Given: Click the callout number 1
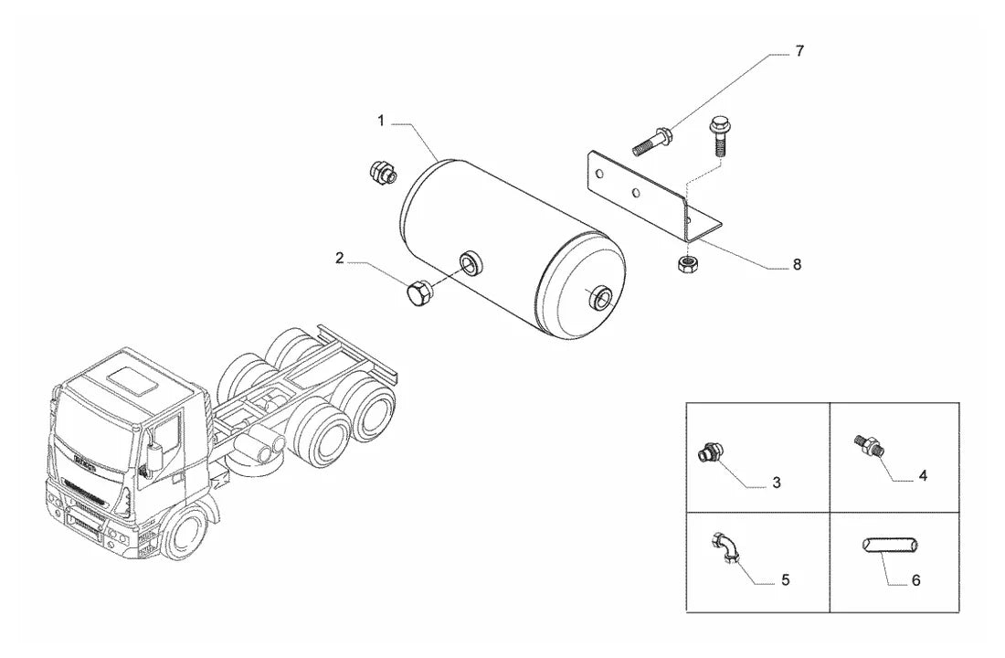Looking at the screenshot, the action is click(381, 121).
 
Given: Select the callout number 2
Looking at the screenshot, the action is click(340, 259).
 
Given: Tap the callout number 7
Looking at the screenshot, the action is click(799, 51).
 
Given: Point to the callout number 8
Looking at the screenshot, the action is click(797, 264).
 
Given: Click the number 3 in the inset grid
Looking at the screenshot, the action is click(777, 483).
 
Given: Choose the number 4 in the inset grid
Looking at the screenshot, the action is click(923, 476).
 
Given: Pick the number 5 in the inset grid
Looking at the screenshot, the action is click(785, 580).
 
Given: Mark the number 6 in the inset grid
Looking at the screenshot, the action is click(915, 580).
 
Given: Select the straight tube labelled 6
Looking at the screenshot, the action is click(889, 545).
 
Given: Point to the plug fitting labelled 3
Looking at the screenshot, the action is click(710, 452).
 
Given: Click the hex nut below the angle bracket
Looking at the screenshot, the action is click(689, 262).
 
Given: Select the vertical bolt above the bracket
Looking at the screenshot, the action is click(718, 136).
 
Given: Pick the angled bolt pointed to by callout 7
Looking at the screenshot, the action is click(651, 142).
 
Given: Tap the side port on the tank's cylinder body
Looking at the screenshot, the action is click(471, 262).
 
